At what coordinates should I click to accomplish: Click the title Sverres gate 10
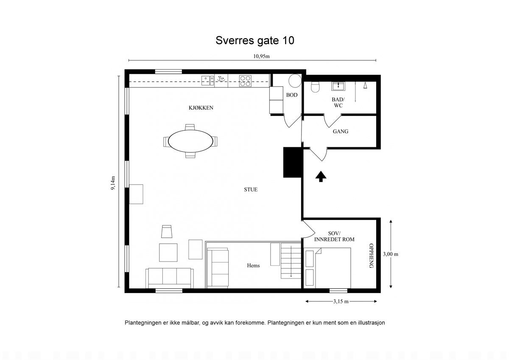[255, 40]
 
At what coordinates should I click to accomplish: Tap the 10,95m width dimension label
[261, 56]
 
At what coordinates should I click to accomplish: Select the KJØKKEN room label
[201, 108]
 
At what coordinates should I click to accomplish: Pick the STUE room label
[250, 190]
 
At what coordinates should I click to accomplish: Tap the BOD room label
[292, 95]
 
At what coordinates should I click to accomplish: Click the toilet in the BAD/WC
[315, 87]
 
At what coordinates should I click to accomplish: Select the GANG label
[340, 132]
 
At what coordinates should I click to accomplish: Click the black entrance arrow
[321, 176]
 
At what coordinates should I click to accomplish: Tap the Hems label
[253, 266]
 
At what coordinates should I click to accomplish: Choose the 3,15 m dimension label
[341, 301]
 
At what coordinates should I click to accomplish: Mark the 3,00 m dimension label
[390, 254]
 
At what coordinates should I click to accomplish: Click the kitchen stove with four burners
[245, 81]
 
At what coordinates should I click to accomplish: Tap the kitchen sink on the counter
[207, 80]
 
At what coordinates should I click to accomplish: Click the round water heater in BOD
[294, 81]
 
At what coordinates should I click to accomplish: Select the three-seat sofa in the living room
[170, 277]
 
